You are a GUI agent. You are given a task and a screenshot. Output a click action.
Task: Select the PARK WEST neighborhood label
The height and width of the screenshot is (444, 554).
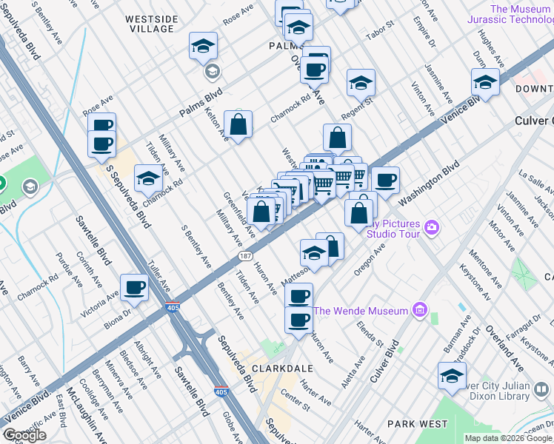coord(417,424)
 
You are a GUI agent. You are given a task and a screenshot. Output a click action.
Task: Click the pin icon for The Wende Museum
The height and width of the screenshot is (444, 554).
coord(420,309)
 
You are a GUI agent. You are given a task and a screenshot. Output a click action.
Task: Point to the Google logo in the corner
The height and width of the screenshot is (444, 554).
coord(25,435)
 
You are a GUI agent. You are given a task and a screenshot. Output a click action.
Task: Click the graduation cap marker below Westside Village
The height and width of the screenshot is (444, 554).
coord(203,47)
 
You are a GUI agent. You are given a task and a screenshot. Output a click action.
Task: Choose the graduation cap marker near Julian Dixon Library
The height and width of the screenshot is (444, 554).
coord(452,377)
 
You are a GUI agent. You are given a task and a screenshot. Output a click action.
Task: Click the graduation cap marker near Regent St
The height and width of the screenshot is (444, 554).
coord(361,84)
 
